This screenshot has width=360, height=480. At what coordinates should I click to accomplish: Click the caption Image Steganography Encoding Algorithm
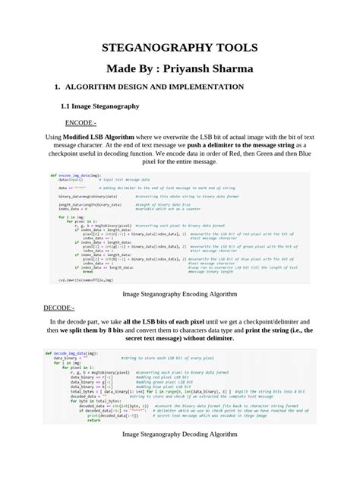click(x=180, y=292)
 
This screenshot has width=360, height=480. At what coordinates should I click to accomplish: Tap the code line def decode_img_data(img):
click(x=74, y=353)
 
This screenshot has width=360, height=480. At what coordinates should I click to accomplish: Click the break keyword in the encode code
click(x=87, y=271)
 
